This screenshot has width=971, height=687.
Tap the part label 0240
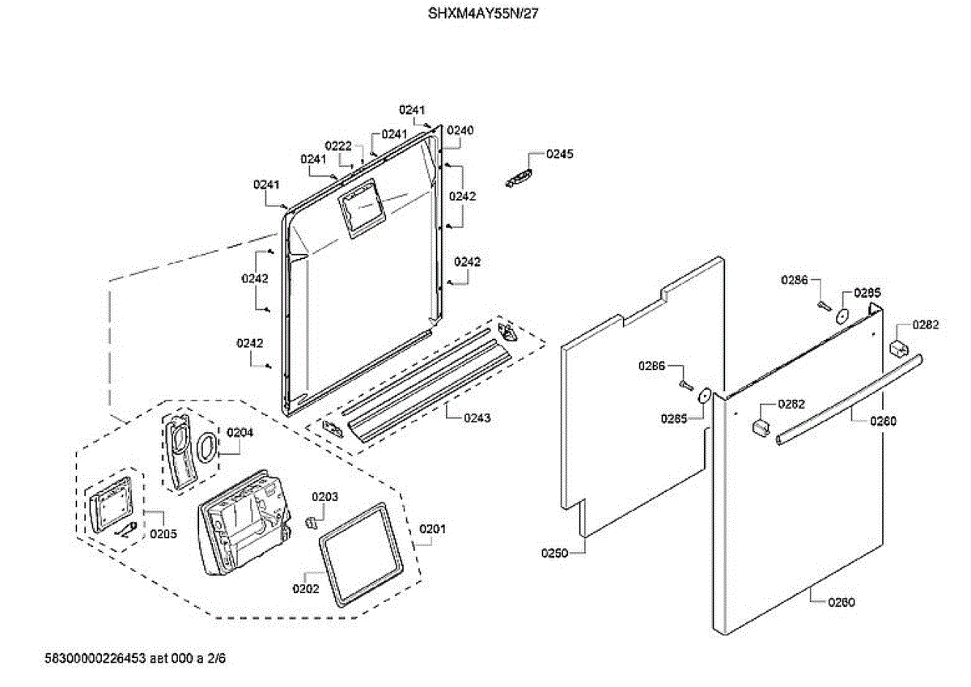[460, 130]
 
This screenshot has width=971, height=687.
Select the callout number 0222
[338, 146]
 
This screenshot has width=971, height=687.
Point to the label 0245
[559, 154]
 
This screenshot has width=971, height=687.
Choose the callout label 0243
[477, 418]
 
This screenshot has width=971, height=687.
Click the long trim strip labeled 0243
[429, 388]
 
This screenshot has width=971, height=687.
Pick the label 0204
[240, 432]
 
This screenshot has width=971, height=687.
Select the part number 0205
[163, 534]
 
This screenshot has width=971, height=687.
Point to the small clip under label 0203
[309, 522]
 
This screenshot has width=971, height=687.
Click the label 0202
[305, 589]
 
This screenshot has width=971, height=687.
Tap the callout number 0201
[432, 529]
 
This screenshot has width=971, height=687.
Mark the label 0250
[554, 553]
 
